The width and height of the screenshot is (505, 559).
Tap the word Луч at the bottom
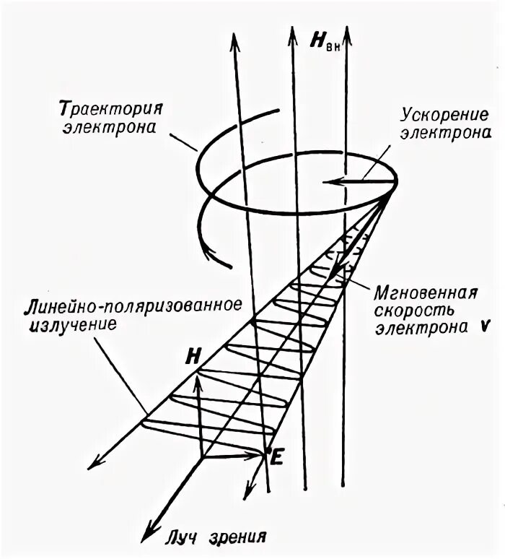(x=185, y=537)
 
